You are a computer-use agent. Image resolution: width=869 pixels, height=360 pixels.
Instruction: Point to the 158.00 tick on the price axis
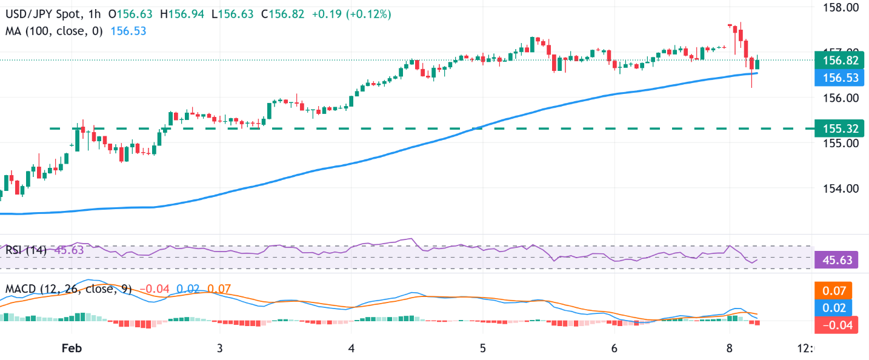tap(838, 8)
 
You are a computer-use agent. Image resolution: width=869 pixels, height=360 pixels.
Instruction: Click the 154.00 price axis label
tap(838, 188)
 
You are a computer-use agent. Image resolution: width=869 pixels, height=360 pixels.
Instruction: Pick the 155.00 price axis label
tap(838, 143)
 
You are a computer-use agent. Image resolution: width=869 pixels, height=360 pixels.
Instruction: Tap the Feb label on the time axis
tap(72, 348)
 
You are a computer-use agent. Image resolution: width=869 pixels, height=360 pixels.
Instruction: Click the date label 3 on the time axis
tap(220, 348)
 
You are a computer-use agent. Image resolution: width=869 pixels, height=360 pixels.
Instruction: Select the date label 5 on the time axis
tap(482, 348)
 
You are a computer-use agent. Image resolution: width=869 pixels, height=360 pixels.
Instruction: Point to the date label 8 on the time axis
tap(730, 348)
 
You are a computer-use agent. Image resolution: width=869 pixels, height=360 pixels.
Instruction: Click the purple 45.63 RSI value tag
tap(838, 261)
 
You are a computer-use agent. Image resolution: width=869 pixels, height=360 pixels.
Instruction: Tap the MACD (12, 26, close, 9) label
tap(68, 289)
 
